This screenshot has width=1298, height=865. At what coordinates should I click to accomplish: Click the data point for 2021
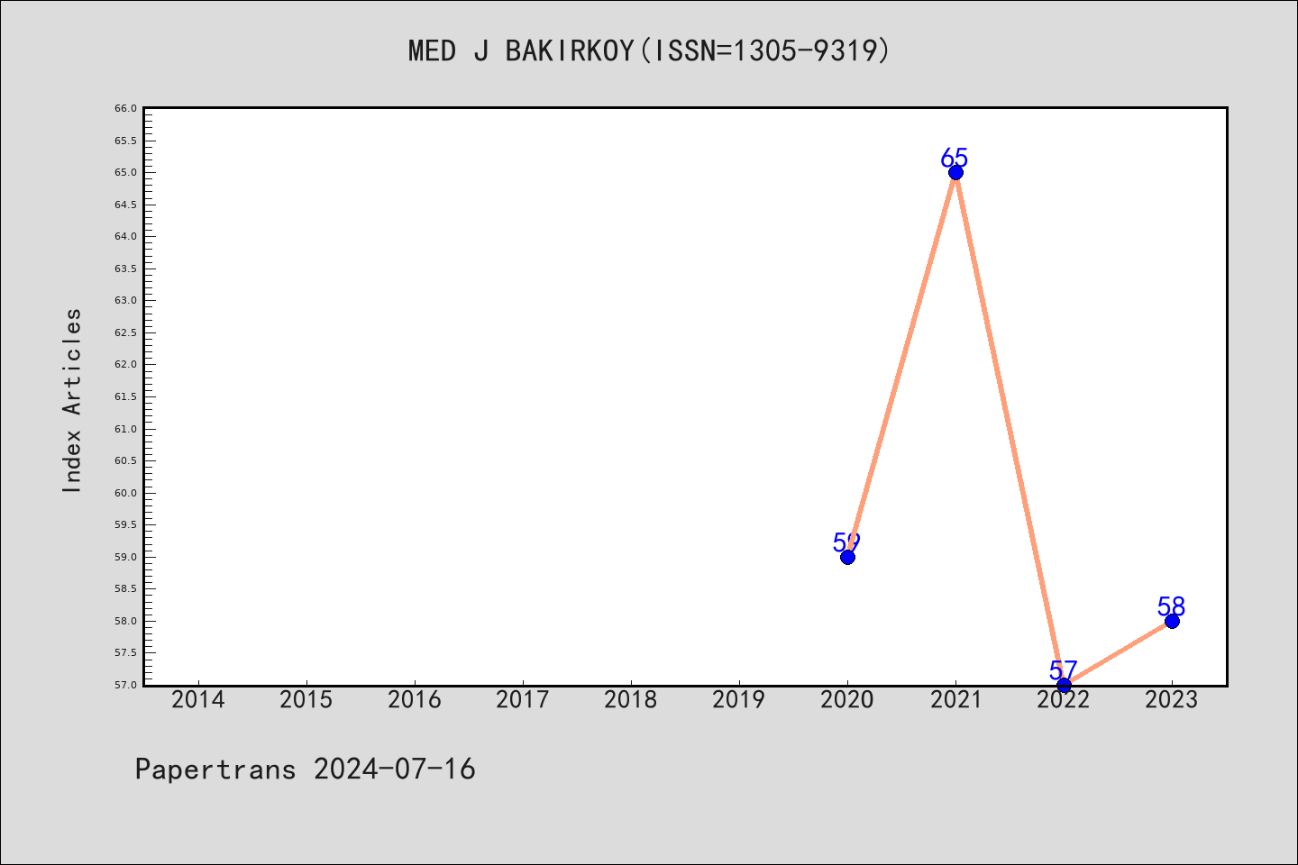click(x=955, y=173)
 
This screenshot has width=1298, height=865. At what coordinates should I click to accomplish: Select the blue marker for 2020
click(x=847, y=558)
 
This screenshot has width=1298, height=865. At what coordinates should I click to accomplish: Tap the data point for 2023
click(x=1172, y=621)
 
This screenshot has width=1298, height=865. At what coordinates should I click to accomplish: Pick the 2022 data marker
click(x=1064, y=686)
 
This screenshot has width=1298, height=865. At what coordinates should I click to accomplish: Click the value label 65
click(x=954, y=158)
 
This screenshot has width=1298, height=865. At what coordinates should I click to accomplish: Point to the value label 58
click(x=1171, y=606)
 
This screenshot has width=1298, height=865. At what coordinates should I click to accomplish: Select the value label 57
click(x=1063, y=670)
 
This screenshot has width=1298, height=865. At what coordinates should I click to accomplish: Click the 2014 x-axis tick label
click(x=198, y=700)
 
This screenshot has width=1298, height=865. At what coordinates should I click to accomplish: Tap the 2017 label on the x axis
click(x=523, y=700)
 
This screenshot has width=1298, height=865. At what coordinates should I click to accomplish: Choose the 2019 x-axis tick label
click(x=739, y=700)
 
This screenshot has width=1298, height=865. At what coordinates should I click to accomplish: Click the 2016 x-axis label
click(x=415, y=700)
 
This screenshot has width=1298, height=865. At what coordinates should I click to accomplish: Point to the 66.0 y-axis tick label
click(x=126, y=108)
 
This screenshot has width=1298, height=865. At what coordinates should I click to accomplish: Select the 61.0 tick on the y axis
click(x=126, y=429)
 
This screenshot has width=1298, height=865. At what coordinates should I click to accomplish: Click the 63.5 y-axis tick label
click(x=126, y=269)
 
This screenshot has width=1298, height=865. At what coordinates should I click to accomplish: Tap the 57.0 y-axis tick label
click(x=126, y=685)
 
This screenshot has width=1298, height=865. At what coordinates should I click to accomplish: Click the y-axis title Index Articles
click(x=72, y=400)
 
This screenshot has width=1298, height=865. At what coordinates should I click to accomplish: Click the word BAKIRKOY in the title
click(x=571, y=51)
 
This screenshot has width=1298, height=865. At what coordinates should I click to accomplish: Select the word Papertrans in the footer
click(x=215, y=769)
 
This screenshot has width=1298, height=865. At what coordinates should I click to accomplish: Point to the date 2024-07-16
click(x=395, y=769)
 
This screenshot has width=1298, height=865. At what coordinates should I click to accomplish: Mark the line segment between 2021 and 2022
click(x=1010, y=429)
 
